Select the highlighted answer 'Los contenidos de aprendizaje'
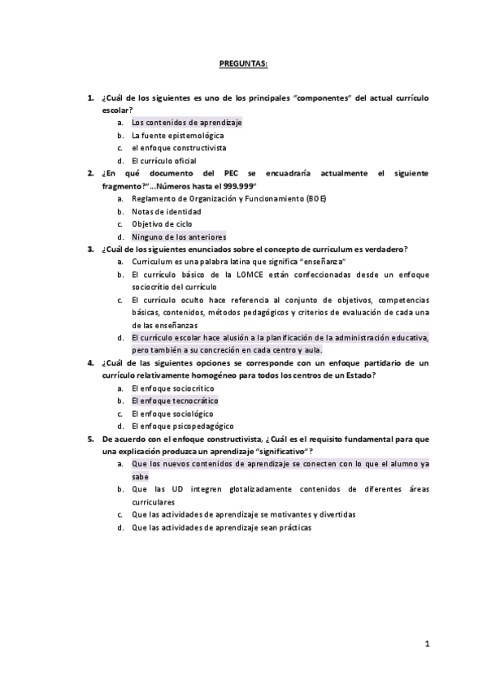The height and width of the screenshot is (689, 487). click(186, 123)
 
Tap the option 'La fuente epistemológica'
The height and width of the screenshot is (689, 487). click(177, 136)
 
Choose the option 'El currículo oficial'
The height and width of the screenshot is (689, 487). click(163, 161)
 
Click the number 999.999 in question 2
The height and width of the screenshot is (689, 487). click(236, 186)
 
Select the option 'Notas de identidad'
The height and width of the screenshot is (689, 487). click(165, 211)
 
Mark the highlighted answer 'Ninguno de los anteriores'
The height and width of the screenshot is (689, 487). click(179, 236)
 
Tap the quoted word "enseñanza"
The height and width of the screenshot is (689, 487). click(323, 262)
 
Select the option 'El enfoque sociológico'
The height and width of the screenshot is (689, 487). click(173, 414)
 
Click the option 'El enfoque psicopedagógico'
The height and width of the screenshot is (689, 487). click(182, 426)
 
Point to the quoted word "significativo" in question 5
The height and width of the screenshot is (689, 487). click(285, 451)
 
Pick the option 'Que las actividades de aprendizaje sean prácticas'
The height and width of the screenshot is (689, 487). click(221, 526)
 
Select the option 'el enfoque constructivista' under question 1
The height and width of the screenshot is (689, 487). click(179, 148)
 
